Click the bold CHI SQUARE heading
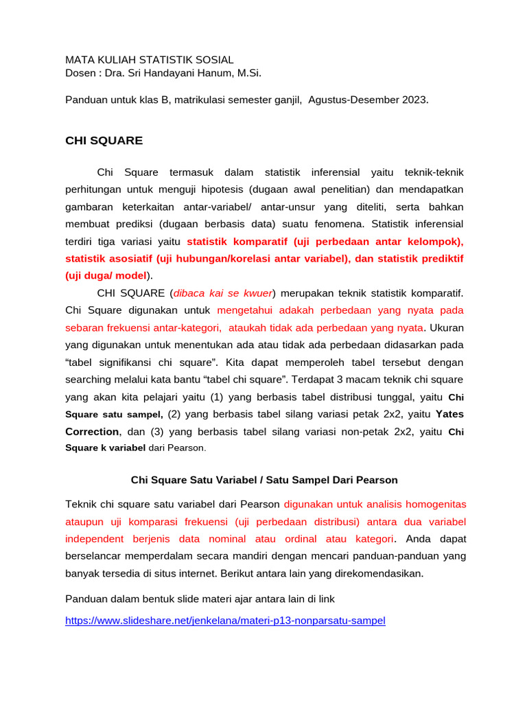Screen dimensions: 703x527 coord(104,141)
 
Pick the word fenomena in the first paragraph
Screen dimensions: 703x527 coord(345,224)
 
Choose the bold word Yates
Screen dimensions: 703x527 coord(449,413)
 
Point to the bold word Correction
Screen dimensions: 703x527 coord(92,431)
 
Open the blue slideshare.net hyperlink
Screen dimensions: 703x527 coord(225,621)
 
